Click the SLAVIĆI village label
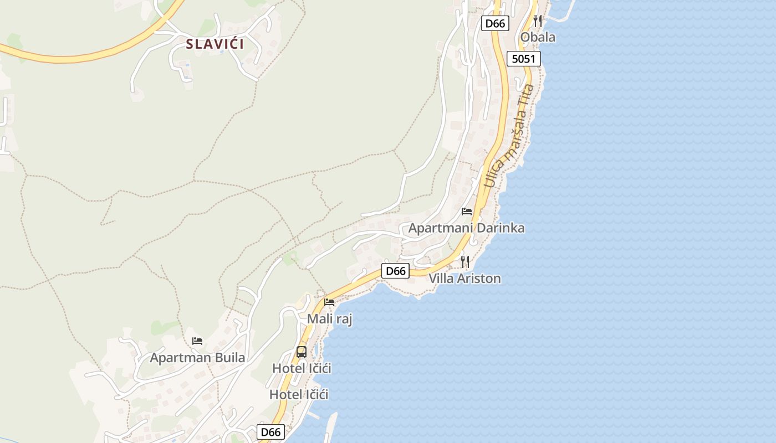coord(215,44)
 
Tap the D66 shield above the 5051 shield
coord(495,23)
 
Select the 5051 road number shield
coord(523,59)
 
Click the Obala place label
coord(538,38)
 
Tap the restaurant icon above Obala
coord(538,21)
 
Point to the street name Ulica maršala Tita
coord(509,136)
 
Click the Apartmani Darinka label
coord(466,228)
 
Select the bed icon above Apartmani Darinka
coord(467,212)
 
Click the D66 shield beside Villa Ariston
coord(396,271)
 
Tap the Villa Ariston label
coord(464,279)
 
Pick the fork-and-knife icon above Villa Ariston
coord(465,261)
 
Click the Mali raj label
coord(330,320)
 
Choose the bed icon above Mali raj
coord(329,302)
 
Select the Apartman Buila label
coord(197,358)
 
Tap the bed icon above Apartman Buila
coord(197,341)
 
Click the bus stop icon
coord(302,352)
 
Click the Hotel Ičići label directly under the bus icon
coord(302,368)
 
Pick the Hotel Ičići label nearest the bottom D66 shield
coord(299,395)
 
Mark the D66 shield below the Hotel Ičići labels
coord(271,432)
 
